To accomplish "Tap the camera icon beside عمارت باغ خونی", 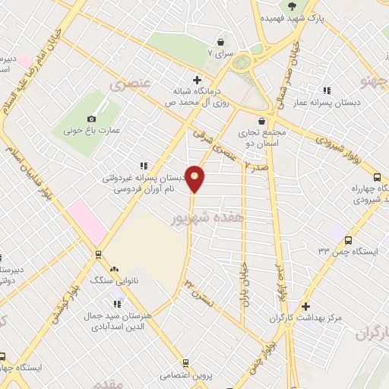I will pos(92,119).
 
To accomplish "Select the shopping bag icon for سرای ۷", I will pos(221,42).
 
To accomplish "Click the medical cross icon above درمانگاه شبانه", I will pos(198,79).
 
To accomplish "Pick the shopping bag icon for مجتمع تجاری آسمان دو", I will pos(262,121).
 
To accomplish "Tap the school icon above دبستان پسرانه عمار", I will pos(327,91).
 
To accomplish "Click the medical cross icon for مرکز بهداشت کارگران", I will pos(305,307).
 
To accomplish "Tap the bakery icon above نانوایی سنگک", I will pos(114,269).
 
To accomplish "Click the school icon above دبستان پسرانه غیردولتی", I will pos(142,165).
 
